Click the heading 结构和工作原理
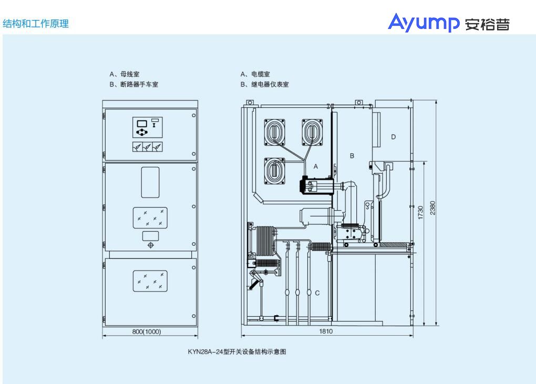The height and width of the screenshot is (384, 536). pos(36,24)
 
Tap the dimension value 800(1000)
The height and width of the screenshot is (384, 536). pos(147,331)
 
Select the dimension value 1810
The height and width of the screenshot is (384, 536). pos(326,331)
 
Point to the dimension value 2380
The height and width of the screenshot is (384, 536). pos(432,207)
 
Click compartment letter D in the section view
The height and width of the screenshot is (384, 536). pos(393,137)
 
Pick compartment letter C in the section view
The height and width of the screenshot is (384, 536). pos(317,293)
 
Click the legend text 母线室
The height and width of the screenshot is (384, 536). pos(130,75)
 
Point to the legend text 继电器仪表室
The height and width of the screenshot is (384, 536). pos(270,84)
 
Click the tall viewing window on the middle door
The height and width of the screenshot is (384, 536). pos(150,182)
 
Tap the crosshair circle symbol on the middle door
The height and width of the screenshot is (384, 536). pos(151,245)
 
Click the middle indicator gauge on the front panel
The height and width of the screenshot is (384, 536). pos(148,147)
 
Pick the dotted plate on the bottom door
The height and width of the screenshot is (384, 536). pos(150,281)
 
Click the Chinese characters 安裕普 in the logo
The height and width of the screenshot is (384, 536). pos(487,24)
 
